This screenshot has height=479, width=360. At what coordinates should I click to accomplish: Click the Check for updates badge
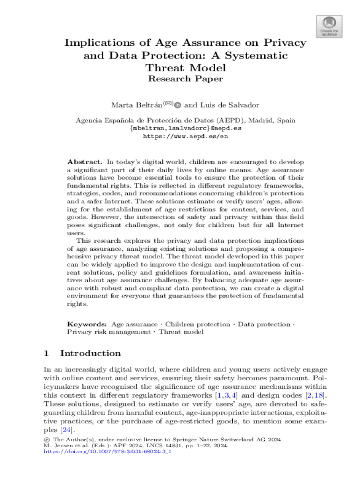click(x=330, y=26)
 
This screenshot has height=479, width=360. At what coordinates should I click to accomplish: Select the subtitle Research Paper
click(x=185, y=79)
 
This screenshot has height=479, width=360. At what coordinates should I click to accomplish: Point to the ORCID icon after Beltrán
click(x=178, y=105)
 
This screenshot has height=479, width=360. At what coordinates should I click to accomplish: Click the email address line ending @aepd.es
click(x=185, y=128)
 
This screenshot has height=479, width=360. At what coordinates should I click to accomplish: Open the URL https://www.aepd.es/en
click(x=185, y=137)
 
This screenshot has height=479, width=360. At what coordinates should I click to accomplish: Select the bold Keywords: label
click(x=87, y=324)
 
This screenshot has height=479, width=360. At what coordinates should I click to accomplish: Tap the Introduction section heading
click(x=90, y=354)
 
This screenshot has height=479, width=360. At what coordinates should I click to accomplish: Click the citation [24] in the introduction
click(x=67, y=430)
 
